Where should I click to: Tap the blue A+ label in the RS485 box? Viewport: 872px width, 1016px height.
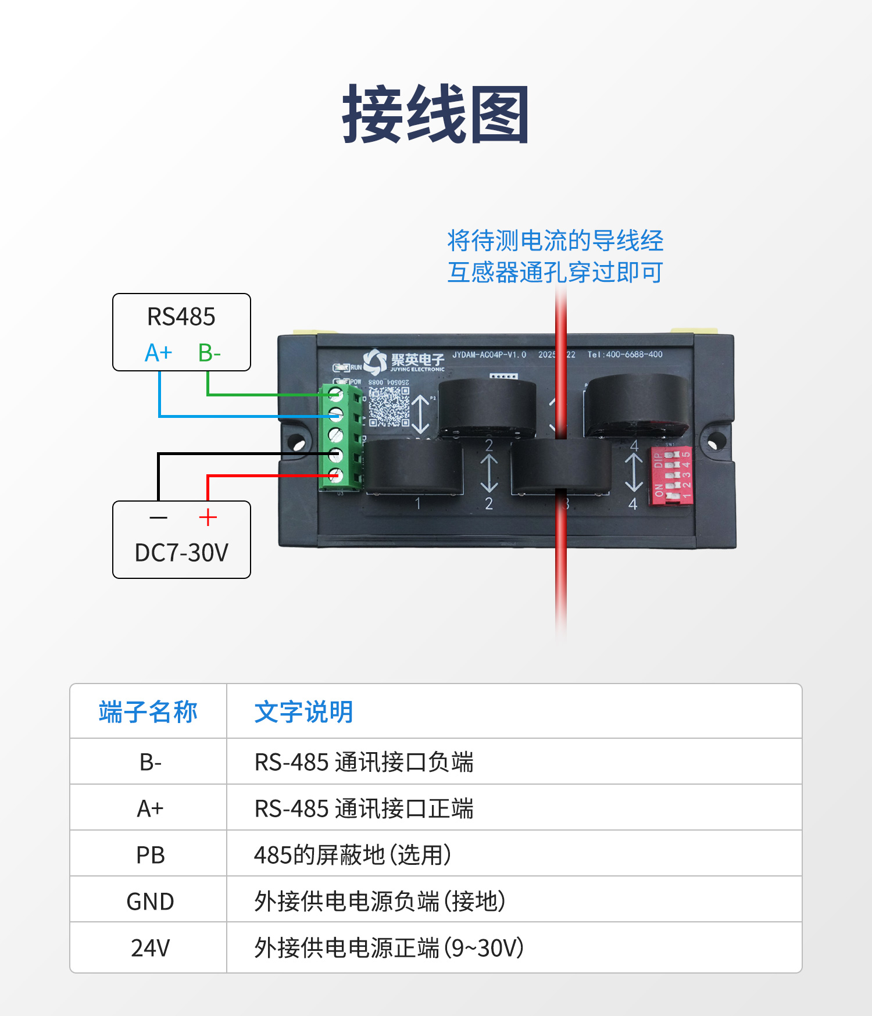pos(158,353)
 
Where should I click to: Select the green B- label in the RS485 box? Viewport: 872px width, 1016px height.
pos(209,353)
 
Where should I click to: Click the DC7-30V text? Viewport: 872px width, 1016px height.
pos(181,553)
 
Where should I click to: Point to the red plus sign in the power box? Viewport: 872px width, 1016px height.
pos(208,517)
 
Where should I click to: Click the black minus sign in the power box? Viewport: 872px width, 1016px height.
pos(158,517)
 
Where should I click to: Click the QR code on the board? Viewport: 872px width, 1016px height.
pos(389,406)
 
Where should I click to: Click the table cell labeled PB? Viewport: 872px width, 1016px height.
pos(150,855)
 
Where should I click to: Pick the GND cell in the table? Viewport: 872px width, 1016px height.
pos(150,901)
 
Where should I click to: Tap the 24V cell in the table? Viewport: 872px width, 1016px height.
pos(150,948)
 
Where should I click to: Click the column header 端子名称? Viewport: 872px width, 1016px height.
pos(148,712)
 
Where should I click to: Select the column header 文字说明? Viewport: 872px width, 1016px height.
pos(304,712)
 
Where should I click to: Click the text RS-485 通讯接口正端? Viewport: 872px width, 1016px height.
pos(364,808)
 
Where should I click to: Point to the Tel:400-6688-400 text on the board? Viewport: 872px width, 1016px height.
pos(624,355)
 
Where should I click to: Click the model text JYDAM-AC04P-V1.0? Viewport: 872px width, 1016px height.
pos(489,355)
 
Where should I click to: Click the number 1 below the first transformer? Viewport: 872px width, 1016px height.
pos(417,503)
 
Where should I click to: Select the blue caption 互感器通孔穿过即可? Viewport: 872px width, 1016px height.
pos(555,272)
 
